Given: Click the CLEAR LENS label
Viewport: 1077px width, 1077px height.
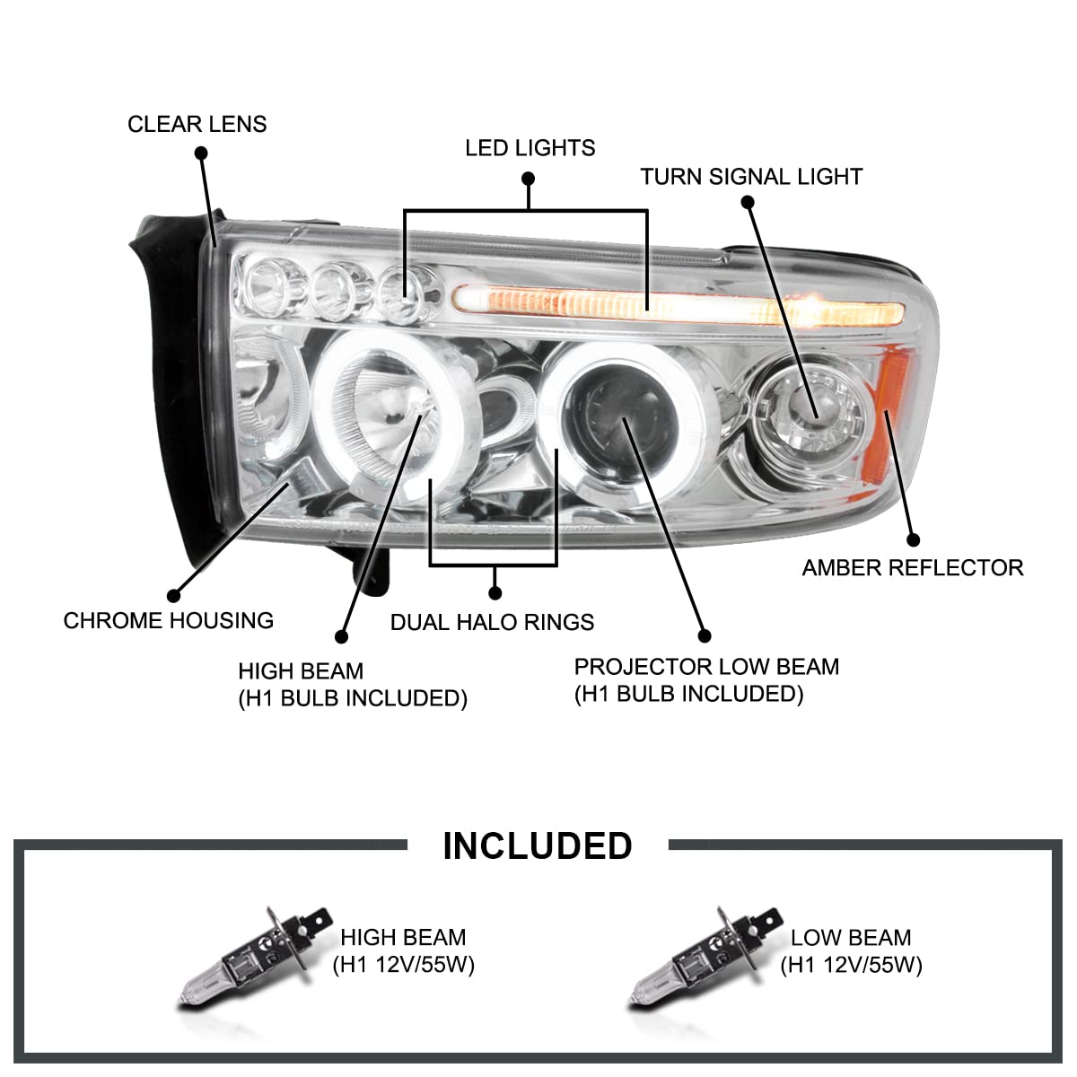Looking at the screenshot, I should pyautogui.click(x=197, y=124).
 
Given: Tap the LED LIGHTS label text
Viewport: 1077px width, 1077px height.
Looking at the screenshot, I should pyautogui.click(x=530, y=148).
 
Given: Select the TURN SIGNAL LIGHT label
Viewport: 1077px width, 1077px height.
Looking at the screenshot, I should pyautogui.click(x=751, y=177).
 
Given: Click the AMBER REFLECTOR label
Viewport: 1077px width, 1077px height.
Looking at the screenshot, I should pyautogui.click(x=912, y=567).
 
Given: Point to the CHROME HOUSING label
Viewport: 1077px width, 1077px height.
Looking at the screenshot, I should pyautogui.click(x=168, y=620).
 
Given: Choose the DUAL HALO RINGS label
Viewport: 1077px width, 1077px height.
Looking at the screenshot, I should pyautogui.click(x=492, y=622).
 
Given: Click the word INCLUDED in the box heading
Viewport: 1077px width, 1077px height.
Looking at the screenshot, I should pyautogui.click(x=538, y=845).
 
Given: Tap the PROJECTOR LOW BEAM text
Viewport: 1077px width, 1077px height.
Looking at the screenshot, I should pyautogui.click(x=706, y=667).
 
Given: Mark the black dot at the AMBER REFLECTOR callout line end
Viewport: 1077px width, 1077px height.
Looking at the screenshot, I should pyautogui.click(x=914, y=540).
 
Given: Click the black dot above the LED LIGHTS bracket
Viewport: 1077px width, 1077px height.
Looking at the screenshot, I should pyautogui.click(x=529, y=179).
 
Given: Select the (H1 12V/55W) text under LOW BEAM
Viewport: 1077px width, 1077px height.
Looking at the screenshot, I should pyautogui.click(x=851, y=965).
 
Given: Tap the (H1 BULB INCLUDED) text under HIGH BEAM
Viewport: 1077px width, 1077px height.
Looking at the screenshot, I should pyautogui.click(x=352, y=698).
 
